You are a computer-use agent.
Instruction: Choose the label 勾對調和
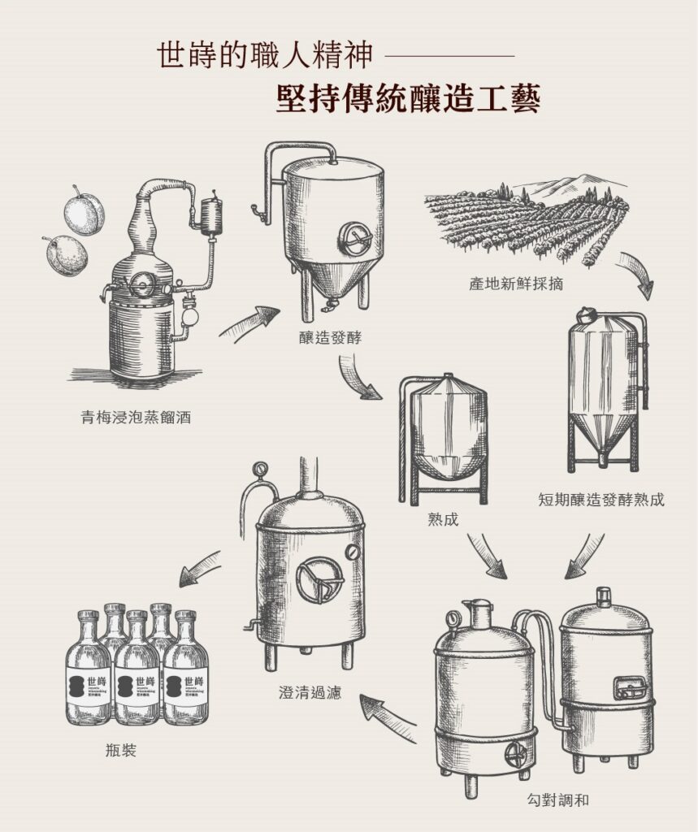click(557, 800)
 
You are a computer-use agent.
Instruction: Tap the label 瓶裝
click(120, 750)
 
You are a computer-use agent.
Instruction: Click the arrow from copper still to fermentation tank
click(249, 322)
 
